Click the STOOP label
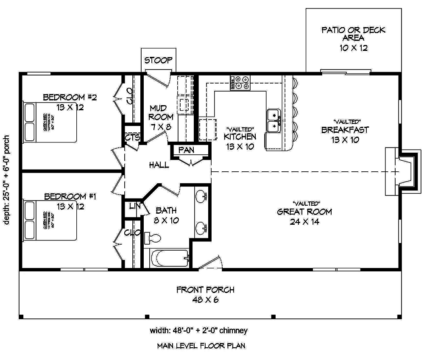(x=158, y=60)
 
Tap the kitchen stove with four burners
(x=240, y=83)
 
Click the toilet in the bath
(x=151, y=237)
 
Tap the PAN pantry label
(x=186, y=150)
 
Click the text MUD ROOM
(x=161, y=112)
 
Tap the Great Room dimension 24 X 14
(x=304, y=221)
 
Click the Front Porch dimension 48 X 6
(x=205, y=300)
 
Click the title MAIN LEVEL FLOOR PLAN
(x=201, y=346)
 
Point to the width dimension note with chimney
(x=198, y=330)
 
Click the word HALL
(x=159, y=165)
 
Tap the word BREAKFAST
(x=345, y=130)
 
